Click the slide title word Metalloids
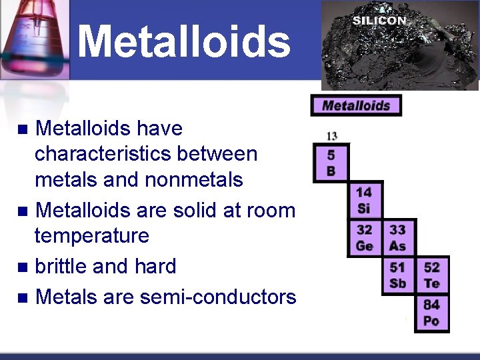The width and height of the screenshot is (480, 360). [x=184, y=41]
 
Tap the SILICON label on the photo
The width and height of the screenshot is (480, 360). [x=379, y=21]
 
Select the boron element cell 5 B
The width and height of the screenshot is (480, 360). [x=331, y=163]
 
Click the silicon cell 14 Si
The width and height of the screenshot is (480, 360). [x=364, y=200]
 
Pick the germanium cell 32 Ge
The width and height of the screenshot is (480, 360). [x=364, y=237]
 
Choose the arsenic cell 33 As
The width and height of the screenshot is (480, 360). [x=397, y=237]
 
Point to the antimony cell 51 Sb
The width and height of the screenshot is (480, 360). [x=397, y=275]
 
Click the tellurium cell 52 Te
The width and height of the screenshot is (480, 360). [x=431, y=275]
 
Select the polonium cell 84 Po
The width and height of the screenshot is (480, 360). [x=431, y=313]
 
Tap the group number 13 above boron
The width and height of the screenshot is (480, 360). [x=331, y=136]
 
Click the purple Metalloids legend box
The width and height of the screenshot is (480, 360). [x=356, y=105]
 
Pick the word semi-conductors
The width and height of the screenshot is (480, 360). [x=218, y=296]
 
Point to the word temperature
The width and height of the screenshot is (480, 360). [x=92, y=236]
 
